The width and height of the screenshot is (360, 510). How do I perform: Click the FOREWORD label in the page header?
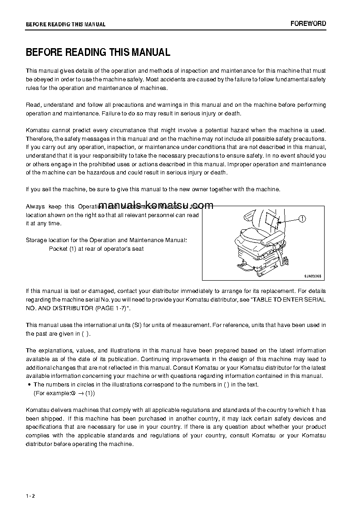[308, 24]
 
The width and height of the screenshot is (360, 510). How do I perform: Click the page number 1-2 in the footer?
[30, 495]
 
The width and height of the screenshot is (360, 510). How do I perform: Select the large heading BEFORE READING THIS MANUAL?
[98, 52]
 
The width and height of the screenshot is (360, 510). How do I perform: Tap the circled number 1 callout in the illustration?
[302, 219]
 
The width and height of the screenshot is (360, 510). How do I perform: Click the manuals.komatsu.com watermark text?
[156, 205]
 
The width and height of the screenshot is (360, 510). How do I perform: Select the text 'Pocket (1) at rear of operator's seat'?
[96, 249]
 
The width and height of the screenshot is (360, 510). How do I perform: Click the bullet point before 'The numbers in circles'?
[29, 385]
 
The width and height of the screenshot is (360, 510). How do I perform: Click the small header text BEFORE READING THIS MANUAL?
[66, 25]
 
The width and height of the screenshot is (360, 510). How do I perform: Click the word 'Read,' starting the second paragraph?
[34, 105]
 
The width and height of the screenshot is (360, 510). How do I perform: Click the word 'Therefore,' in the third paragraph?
[39, 139]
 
